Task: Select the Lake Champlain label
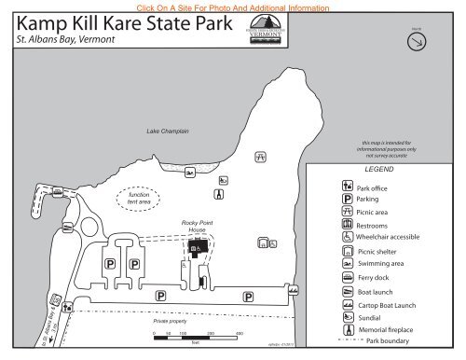pyautogui.click(x=168, y=132)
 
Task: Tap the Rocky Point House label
pyautogui.click(x=197, y=227)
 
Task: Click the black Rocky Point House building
pyautogui.click(x=198, y=249)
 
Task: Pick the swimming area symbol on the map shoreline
pyautogui.click(x=189, y=173)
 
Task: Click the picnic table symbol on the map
pyautogui.click(x=262, y=157)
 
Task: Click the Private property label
pyautogui.click(x=172, y=320)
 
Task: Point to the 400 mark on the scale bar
pyautogui.click(x=240, y=334)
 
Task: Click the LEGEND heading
pyautogui.click(x=380, y=172)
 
